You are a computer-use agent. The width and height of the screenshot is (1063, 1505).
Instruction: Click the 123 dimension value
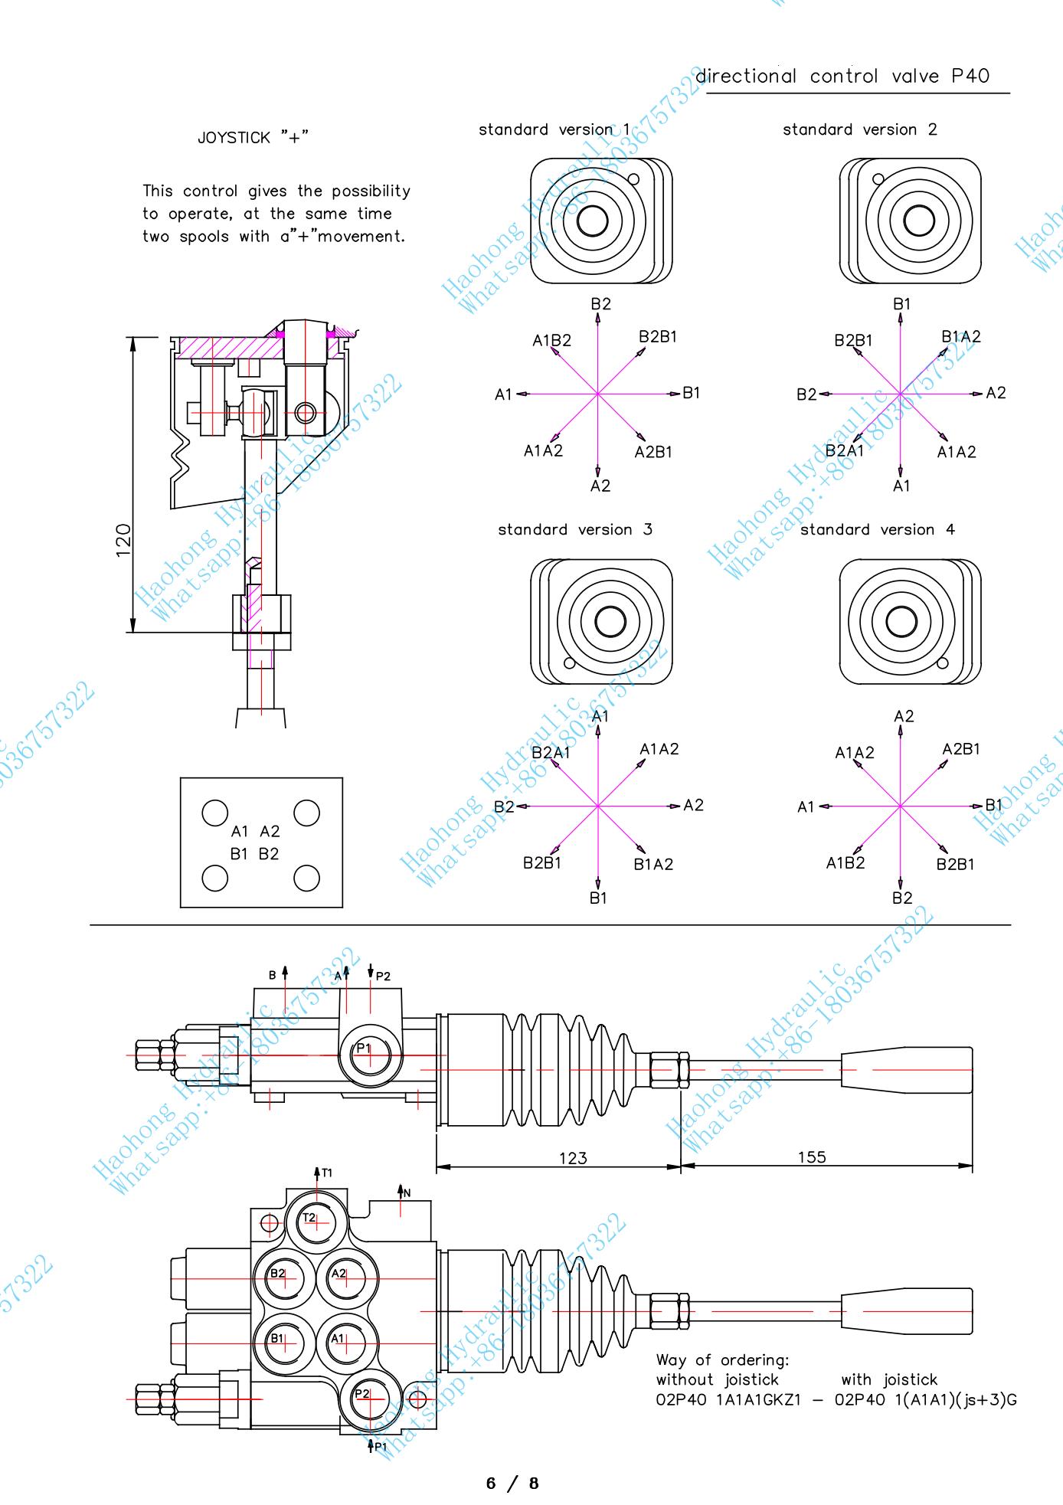point(573,1157)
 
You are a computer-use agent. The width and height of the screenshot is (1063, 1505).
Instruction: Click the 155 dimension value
point(812,1157)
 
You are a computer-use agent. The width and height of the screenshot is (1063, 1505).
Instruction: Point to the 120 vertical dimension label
point(123,540)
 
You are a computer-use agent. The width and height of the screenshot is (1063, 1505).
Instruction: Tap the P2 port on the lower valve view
point(368,1396)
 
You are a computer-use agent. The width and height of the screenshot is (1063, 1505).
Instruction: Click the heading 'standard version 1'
point(554,129)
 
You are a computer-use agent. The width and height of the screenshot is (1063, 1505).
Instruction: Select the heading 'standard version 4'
point(878,529)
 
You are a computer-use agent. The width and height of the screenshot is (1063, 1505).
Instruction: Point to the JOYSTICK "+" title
point(253,138)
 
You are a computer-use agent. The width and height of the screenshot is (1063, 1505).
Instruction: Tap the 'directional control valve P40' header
point(842,76)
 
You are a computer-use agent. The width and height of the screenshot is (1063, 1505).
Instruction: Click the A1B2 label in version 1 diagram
point(551,340)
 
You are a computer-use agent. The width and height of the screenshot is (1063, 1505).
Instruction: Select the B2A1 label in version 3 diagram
point(551,752)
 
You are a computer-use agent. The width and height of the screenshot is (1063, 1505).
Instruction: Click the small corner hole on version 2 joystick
point(878,179)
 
